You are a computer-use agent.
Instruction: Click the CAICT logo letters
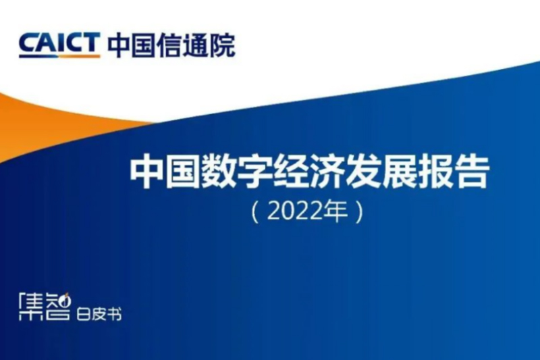point(59,45)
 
